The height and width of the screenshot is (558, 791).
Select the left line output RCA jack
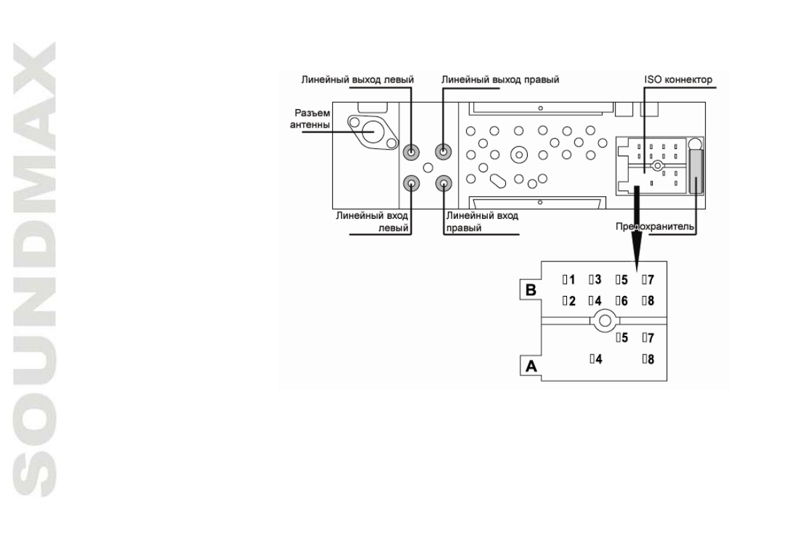click(413, 152)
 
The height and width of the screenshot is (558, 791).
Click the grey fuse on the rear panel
click(696, 171)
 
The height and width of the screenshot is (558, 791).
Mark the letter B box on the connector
click(530, 290)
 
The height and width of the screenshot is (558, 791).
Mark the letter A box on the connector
click(530, 365)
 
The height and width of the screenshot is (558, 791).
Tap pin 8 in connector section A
click(649, 359)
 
